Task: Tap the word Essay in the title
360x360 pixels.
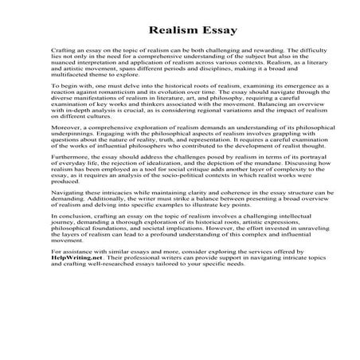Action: point(207,29)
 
